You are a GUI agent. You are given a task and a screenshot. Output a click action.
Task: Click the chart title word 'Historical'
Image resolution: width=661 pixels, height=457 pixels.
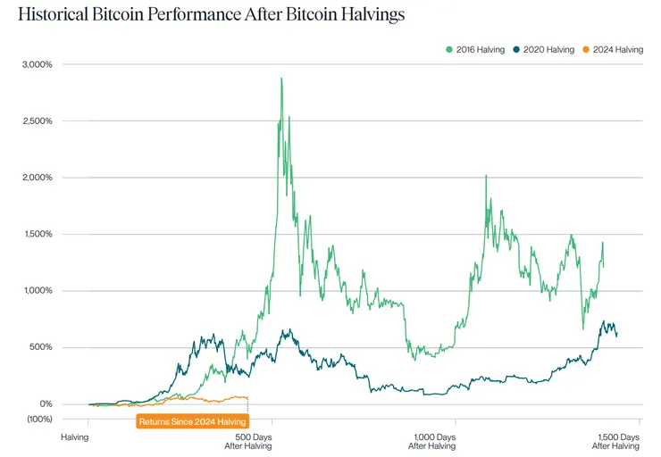(53, 14)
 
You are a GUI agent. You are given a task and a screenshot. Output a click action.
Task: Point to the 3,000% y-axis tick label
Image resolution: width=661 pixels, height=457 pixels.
(37, 64)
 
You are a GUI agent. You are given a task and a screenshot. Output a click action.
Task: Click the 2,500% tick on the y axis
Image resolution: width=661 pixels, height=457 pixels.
(37, 120)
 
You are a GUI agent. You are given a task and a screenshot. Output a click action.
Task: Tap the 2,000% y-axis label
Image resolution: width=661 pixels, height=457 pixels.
(37, 178)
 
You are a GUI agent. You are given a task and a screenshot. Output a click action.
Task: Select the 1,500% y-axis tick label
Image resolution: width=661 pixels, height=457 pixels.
(37, 234)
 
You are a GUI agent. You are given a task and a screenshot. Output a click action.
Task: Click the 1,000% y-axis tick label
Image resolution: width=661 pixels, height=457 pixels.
(37, 291)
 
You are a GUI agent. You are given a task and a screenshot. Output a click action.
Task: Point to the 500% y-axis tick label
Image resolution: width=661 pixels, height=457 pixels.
(40, 347)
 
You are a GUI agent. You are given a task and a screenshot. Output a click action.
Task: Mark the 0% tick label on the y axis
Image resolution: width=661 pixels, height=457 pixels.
(45, 403)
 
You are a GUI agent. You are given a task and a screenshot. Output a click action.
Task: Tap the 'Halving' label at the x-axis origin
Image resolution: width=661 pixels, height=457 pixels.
(75, 437)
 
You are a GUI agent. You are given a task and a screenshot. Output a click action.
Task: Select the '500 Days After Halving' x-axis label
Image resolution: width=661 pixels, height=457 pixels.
(247, 441)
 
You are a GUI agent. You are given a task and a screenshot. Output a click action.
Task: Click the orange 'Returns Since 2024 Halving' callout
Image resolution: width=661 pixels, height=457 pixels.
(191, 421)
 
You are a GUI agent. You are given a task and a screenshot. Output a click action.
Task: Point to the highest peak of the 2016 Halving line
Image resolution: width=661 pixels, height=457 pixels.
(281, 79)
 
